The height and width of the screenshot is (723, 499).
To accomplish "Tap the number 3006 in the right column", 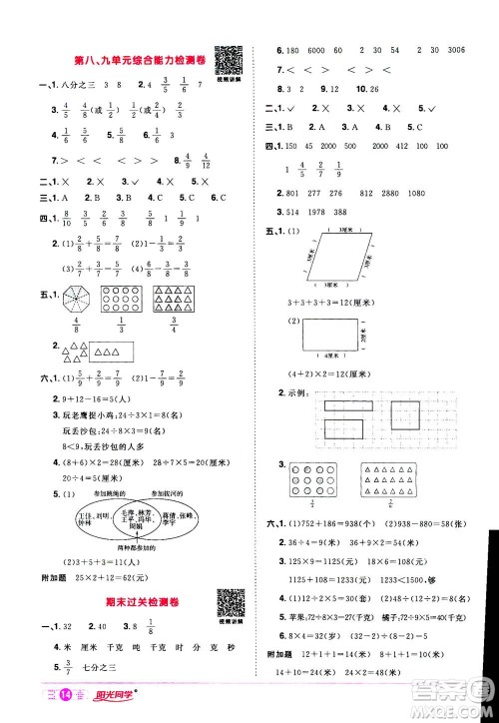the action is pyautogui.click(x=462, y=52).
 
